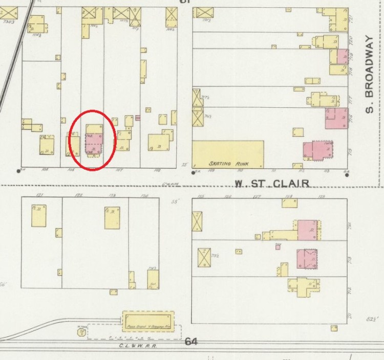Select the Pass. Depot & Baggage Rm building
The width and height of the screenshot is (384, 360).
148,321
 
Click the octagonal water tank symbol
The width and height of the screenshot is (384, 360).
81,332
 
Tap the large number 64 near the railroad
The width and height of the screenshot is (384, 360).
191,341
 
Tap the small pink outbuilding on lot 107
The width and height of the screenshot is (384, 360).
138,118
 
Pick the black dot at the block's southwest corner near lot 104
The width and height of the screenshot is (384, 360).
19,170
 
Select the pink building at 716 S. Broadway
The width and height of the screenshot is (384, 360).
336,118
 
